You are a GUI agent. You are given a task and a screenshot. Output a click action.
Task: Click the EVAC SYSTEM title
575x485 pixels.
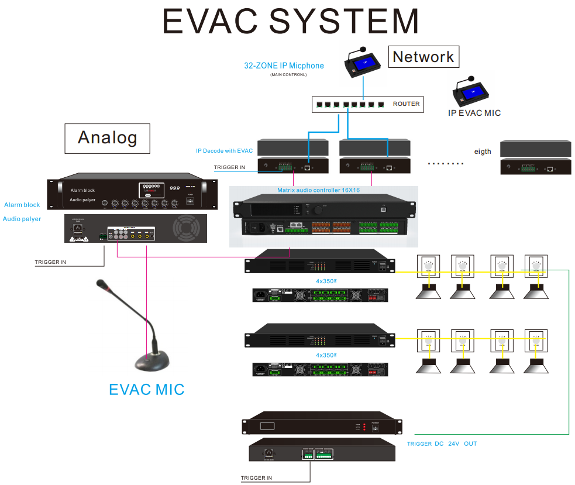pyautogui.click(x=291, y=21)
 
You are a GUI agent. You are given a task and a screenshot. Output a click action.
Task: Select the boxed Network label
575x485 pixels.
pyautogui.click(x=423, y=57)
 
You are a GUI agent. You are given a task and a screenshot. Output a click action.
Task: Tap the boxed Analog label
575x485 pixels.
pyautogui.click(x=107, y=137)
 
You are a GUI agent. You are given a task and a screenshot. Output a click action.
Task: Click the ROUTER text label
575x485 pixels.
pyautogui.click(x=406, y=104)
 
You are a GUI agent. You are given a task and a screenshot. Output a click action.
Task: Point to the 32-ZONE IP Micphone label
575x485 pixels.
pyautogui.click(x=284, y=66)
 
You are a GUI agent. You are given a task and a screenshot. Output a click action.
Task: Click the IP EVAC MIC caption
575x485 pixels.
pyautogui.click(x=474, y=113)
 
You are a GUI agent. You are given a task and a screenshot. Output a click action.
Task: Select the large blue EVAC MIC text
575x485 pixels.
pyautogui.click(x=147, y=389)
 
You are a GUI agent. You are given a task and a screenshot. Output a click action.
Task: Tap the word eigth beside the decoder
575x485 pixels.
pyautogui.click(x=483, y=152)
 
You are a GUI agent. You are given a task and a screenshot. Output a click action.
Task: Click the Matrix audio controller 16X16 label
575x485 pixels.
pyautogui.click(x=318, y=191)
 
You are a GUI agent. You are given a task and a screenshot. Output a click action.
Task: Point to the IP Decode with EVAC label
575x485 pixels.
pyautogui.click(x=224, y=151)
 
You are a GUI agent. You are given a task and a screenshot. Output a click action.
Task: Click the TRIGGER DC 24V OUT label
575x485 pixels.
pyautogui.click(x=442, y=444)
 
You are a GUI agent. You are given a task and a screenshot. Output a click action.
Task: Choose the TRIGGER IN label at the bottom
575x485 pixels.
pyautogui.click(x=256, y=478)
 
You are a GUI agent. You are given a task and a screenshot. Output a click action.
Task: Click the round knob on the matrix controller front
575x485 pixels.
pyautogui.click(x=319, y=209)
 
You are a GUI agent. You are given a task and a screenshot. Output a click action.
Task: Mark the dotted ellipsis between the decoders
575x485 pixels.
pyautogui.click(x=446, y=164)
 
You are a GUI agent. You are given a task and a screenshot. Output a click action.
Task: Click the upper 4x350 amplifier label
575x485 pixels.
pyautogui.click(x=326, y=281)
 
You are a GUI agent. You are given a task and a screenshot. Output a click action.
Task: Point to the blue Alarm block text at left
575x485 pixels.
pyautogui.click(x=22, y=205)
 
